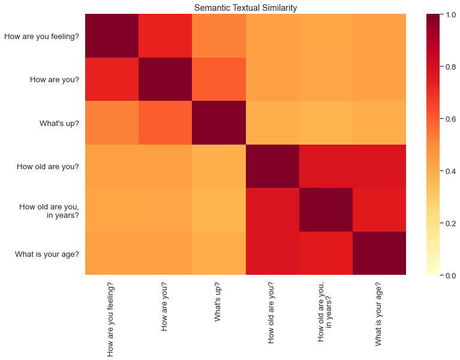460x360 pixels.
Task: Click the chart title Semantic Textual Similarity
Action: pos(245,7)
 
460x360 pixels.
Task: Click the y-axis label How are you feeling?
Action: pos(42,37)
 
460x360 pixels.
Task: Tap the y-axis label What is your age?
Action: pos(47,253)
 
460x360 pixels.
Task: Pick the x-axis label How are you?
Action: pos(166,306)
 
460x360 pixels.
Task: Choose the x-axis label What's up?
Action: pos(219,302)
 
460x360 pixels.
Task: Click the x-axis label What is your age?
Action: pos(379,314)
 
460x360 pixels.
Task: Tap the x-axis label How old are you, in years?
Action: pos(326,311)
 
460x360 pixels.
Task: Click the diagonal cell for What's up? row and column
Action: pos(219,123)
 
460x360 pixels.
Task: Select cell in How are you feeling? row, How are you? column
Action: pos(166,36)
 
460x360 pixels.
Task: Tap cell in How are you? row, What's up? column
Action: pos(219,79)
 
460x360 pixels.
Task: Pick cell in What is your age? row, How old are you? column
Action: pos(272,253)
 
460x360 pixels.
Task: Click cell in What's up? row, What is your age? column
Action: pos(379,123)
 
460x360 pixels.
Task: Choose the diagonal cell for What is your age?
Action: pos(379,253)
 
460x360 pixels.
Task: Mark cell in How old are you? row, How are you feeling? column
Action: pos(112,166)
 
